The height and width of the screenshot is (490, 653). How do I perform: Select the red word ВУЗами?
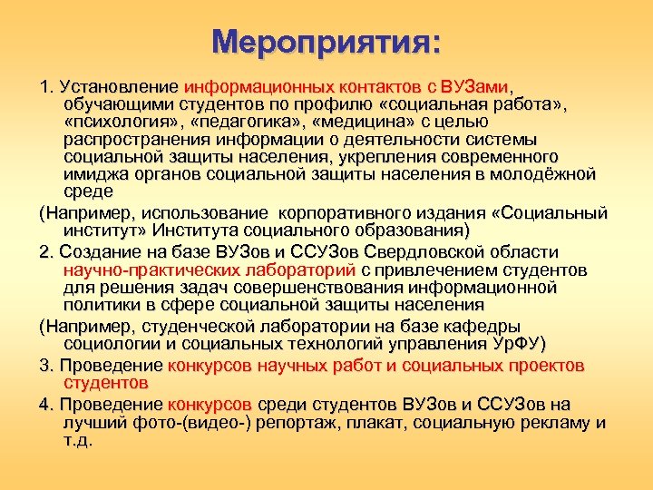476,88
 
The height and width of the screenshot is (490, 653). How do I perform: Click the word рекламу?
557,423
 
